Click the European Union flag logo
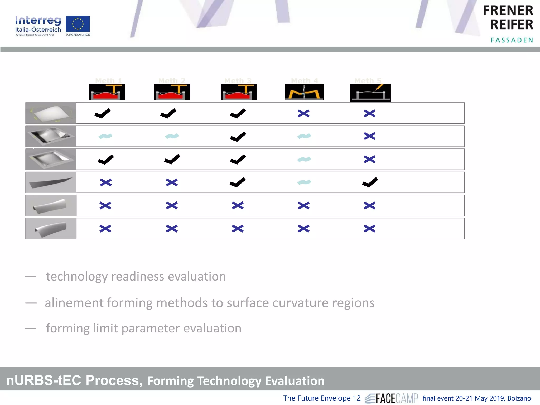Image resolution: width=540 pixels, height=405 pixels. [x=78, y=24]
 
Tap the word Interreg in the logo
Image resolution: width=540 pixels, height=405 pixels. [x=38, y=20]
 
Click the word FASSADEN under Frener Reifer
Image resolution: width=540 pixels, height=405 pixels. [x=512, y=40]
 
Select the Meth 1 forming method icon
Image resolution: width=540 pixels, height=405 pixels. [x=107, y=92]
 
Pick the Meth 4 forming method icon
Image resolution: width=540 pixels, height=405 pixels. [x=304, y=92]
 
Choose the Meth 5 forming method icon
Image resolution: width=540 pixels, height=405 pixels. [x=370, y=93]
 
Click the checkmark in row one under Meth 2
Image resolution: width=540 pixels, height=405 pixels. [x=168, y=113]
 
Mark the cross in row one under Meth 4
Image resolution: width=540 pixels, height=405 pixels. [x=303, y=113]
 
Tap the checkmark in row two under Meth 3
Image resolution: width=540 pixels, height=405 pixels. [x=238, y=137]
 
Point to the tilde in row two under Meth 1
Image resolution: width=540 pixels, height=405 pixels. [x=105, y=136]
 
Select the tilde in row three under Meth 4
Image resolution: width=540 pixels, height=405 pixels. [x=304, y=159]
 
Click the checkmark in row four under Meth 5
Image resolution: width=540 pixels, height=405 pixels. [x=370, y=182]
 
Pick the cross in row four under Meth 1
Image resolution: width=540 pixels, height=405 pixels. [x=106, y=182]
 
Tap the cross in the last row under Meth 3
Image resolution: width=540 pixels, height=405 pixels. [x=238, y=228]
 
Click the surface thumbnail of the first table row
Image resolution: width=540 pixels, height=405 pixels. [x=51, y=113]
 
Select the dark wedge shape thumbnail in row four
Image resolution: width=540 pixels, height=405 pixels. [x=51, y=182]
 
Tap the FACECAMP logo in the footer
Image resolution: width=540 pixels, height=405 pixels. [x=392, y=398]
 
